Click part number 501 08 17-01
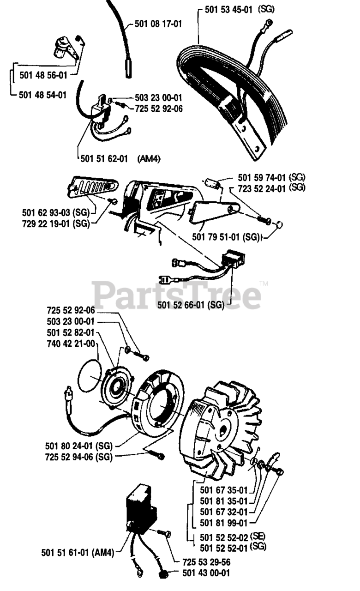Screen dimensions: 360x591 click(158, 23)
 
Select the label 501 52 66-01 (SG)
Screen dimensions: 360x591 click(191, 305)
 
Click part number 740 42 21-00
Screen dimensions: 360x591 click(71, 344)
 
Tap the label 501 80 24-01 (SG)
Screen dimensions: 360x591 click(79, 446)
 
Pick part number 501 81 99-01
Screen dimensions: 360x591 click(224, 523)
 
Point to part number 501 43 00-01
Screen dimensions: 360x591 click(206, 573)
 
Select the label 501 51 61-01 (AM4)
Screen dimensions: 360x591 click(77, 553)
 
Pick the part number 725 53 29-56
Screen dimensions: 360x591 click(206, 562)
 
